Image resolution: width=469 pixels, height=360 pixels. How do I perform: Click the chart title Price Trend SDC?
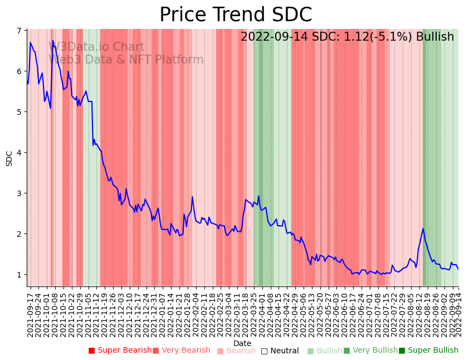pyautogui.click(x=236, y=14)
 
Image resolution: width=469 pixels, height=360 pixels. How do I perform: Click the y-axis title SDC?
pyautogui.click(x=9, y=158)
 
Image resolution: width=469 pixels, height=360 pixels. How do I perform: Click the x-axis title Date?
pyautogui.click(x=242, y=343)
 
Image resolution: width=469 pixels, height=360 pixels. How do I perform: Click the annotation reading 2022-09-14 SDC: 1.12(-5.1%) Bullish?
pyautogui.click(x=347, y=37)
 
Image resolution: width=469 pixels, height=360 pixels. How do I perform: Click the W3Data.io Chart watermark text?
pyautogui.click(x=98, y=47)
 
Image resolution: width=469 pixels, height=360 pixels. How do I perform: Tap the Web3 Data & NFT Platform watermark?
pyautogui.click(x=126, y=60)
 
